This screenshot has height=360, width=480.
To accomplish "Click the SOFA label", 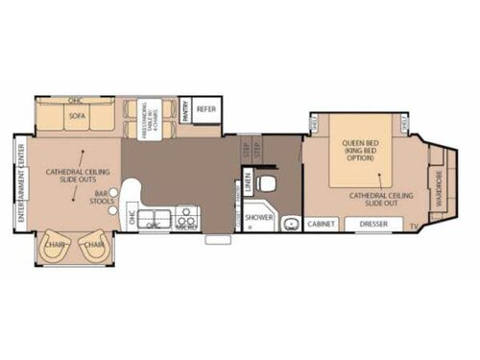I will coord(77,116).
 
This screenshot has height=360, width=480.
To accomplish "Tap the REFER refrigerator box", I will coord(206,109).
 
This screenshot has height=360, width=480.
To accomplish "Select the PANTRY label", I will coord(183,108).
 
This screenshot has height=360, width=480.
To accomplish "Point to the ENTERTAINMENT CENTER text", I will coord(20,183).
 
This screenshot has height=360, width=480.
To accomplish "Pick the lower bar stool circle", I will coord(113,208).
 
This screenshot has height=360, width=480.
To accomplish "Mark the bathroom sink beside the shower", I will coord(288,222).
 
